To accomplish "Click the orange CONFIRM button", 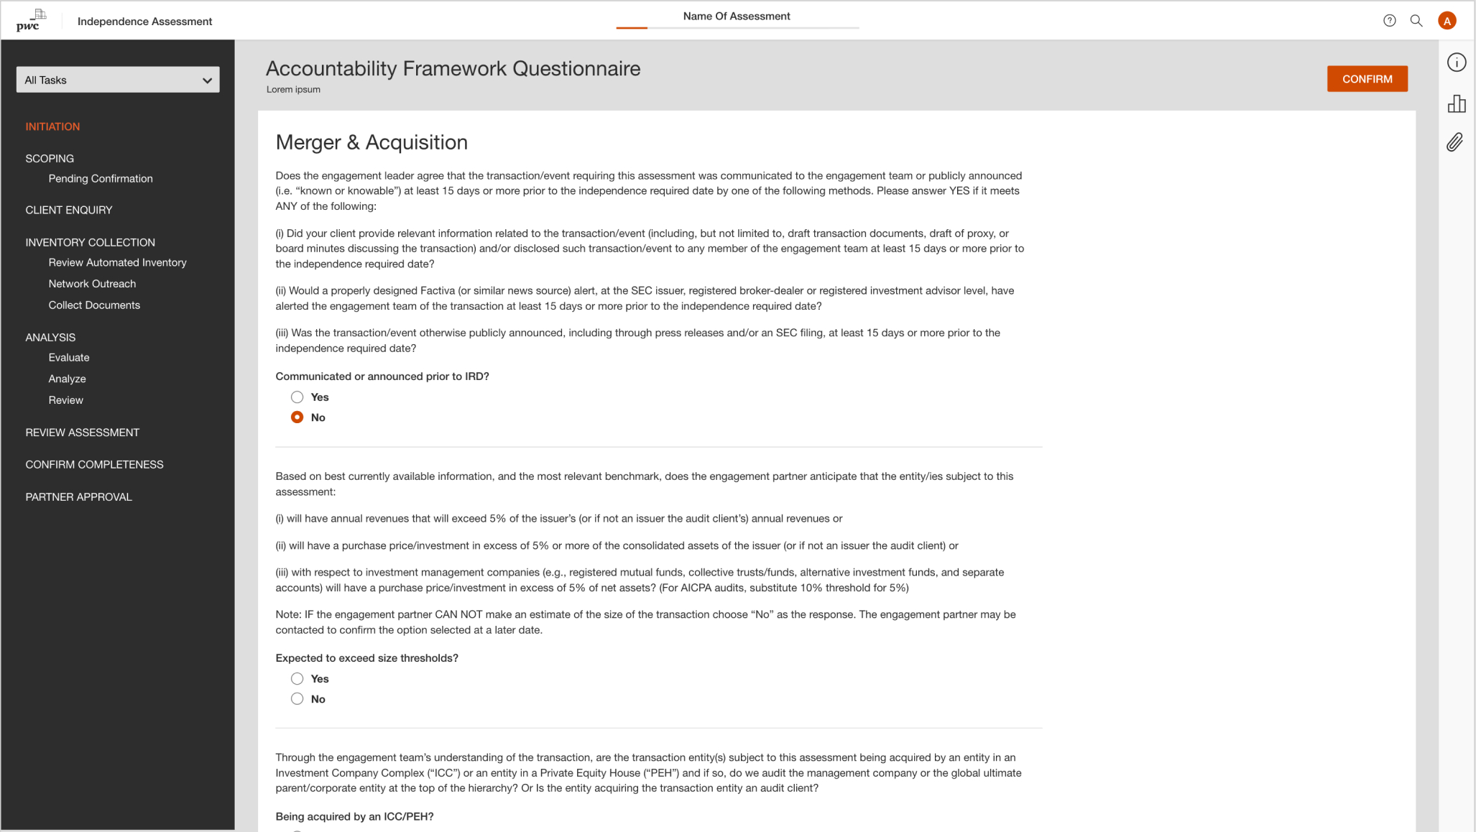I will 1367,79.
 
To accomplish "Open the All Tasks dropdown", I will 118,80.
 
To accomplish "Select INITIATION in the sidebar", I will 52,126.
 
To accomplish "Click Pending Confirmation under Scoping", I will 101,179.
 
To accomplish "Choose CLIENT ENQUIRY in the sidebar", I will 69,210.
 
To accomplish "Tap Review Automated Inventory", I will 117,263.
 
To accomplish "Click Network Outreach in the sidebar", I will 92,284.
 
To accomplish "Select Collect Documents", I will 94,305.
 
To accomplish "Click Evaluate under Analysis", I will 69,358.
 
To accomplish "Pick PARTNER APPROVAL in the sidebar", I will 78,497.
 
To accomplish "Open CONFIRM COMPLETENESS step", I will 94,465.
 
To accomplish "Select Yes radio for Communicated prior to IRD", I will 297,397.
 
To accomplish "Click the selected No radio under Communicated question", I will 297,417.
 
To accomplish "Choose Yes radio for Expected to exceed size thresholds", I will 297,679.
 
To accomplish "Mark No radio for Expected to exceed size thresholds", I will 297,699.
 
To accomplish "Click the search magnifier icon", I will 1416,21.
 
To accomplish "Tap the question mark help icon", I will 1389,21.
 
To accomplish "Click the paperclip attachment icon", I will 1455,142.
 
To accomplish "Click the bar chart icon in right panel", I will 1457,104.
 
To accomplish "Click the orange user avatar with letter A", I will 1447,21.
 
